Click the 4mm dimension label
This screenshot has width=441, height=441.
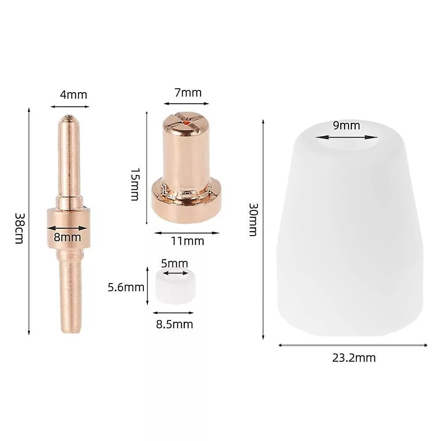tap(73, 95)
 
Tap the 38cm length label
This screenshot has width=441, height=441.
tap(20, 228)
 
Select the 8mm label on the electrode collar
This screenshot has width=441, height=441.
tap(67, 237)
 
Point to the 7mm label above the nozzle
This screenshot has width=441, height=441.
tap(188, 93)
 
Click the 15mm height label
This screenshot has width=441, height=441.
tap(135, 184)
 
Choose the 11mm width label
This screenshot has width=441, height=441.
tap(187, 241)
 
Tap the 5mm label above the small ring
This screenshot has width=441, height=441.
tap(174, 264)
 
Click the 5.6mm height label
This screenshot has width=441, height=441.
tap(126, 287)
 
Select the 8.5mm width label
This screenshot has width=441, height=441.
tap(174, 324)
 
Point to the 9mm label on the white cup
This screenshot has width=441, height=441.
tap(346, 125)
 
